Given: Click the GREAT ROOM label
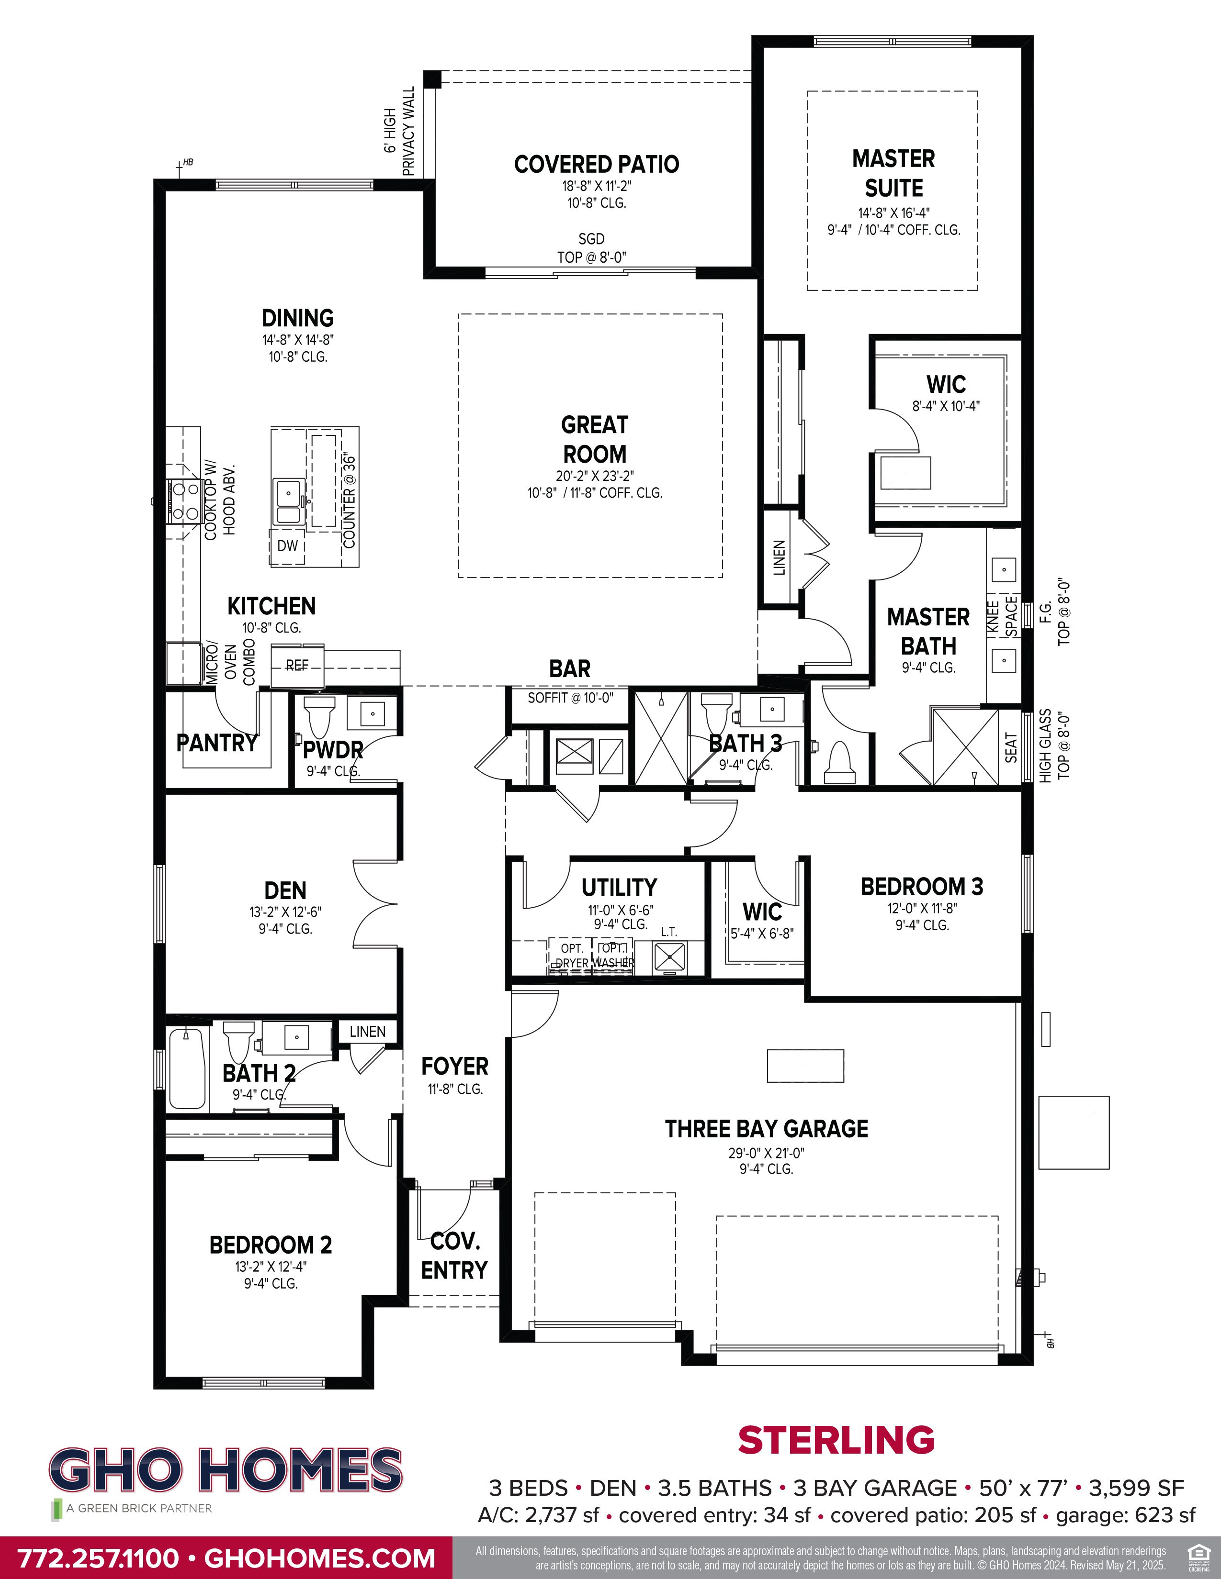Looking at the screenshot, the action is pyautogui.click(x=595, y=439).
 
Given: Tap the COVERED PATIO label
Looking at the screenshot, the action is pyautogui.click(x=597, y=164).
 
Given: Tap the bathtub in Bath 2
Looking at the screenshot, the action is pyautogui.click(x=187, y=1069).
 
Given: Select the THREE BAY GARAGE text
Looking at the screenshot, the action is pyautogui.click(x=766, y=1129).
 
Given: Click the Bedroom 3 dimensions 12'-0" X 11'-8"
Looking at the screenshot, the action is pyautogui.click(x=922, y=908).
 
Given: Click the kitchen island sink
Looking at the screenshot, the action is pyautogui.click(x=289, y=500).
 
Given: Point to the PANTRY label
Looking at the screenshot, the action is pyautogui.click(x=217, y=743).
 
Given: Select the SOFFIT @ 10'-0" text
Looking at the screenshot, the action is pyautogui.click(x=570, y=698).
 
